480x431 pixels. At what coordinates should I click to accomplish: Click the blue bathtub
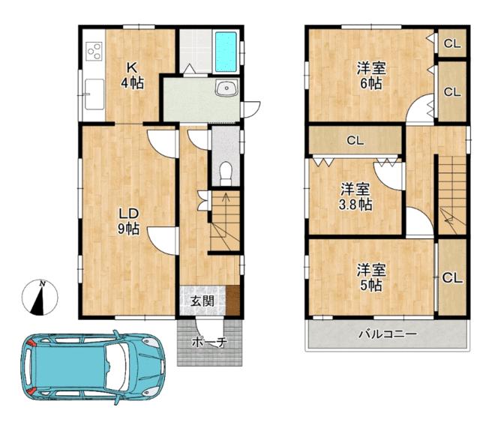226,52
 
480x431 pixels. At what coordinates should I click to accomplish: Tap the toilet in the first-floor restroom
226,173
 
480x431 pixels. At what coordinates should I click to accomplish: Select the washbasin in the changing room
226,88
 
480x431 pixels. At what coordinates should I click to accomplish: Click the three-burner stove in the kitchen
94,51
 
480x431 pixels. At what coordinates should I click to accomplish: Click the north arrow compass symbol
40,298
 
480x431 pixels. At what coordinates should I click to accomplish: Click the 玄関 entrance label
202,301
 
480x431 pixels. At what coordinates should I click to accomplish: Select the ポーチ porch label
209,343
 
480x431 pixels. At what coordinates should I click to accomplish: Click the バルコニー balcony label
388,334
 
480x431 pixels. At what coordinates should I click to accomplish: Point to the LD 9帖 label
129,221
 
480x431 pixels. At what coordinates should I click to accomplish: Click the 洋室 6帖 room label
371,75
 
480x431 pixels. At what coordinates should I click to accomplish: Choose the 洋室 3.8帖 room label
355,196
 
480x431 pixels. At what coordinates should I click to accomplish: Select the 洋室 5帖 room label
371,277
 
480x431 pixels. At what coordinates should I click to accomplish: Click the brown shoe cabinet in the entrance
232,300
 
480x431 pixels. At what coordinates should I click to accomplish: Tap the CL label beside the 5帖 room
452,278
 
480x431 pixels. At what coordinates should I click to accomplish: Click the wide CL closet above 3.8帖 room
355,140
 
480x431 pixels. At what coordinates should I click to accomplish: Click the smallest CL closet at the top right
452,43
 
